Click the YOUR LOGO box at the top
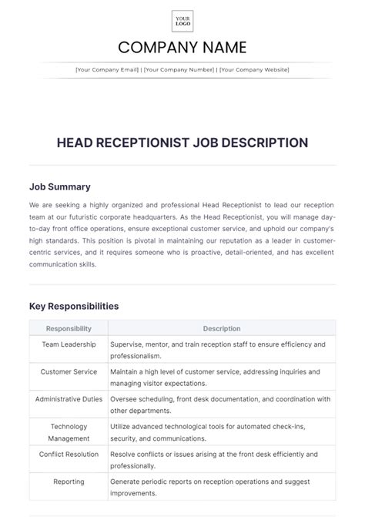182,21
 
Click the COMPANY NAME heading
182,48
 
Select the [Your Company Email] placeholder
107,69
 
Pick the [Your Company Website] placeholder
254,69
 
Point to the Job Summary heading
59,186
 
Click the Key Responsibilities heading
74,306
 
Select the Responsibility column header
69,327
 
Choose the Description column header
223,327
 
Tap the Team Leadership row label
69,344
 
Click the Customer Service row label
69,372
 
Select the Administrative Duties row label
69,399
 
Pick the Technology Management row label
69,432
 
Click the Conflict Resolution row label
69,455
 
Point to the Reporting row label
69,482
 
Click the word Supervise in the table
129,344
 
